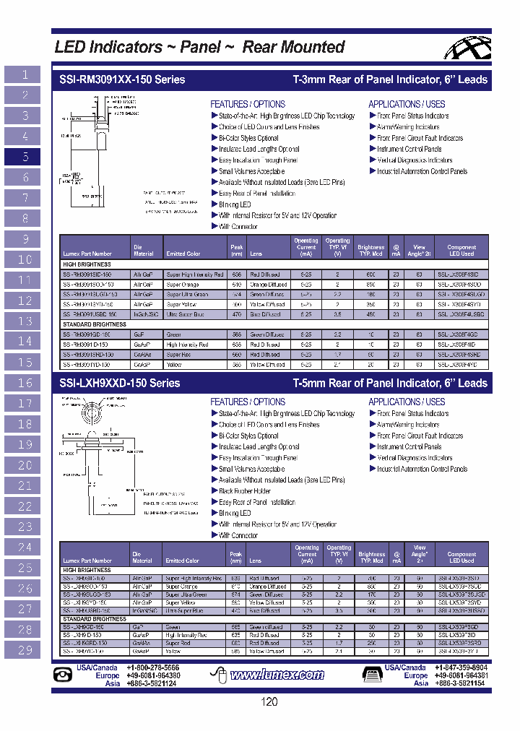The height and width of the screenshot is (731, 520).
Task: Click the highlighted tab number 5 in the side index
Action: coord(26,157)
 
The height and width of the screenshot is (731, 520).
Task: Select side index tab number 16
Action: coord(26,383)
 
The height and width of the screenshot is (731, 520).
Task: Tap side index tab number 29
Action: coord(26,650)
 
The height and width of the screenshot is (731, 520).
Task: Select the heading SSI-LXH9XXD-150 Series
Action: coord(117,383)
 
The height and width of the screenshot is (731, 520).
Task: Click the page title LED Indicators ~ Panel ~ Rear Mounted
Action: coord(200,48)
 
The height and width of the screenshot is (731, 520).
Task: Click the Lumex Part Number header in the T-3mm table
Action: coord(87,254)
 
